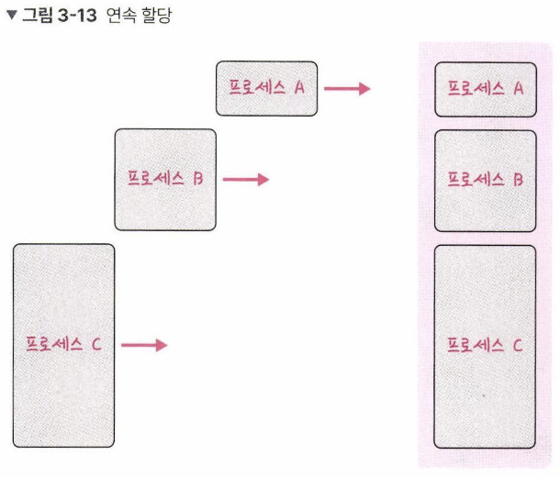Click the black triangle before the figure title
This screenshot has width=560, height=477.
12,15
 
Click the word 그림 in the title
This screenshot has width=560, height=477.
38,15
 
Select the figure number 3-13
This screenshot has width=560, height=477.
77,16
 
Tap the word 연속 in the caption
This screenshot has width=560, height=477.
121,16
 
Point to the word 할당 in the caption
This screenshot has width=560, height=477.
156,16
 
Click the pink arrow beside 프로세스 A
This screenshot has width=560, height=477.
347,88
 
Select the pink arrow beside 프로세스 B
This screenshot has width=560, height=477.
246,179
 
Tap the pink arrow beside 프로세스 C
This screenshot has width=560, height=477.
144,345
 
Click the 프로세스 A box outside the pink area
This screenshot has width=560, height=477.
266,88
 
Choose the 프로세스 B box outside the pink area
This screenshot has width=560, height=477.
165,180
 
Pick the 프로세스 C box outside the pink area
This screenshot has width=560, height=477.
64,345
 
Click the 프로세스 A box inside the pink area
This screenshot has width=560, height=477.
486,90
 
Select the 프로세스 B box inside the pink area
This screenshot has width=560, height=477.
486,181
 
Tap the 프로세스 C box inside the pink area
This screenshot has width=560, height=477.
485,347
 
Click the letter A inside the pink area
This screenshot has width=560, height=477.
519,88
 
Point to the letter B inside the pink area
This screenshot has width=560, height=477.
519,180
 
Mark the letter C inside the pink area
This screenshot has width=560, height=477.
518,345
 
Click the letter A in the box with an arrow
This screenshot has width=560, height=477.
299,87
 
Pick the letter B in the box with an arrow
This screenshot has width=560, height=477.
198,178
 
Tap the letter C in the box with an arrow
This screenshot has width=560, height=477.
96,344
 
